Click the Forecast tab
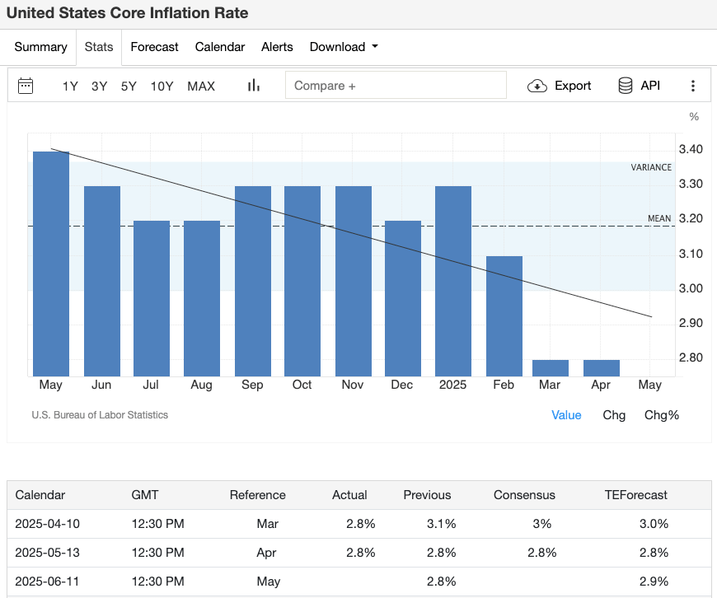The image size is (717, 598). tap(154, 47)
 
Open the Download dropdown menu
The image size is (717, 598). tap(344, 47)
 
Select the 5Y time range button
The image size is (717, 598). tap(129, 86)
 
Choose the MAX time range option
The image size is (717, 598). tap(201, 86)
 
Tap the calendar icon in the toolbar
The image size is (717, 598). tap(26, 86)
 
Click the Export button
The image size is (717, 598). tap(560, 86)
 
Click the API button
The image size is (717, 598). tap(639, 86)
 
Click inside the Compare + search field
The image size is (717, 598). tap(396, 86)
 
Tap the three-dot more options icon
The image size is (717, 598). tap(693, 86)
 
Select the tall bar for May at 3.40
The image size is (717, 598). tap(51, 264)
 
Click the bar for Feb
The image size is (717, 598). tap(504, 316)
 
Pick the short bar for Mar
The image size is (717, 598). tap(550, 368)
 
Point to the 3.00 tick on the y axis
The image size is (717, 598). tap(690, 288)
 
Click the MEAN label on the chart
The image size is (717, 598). tap(659, 218)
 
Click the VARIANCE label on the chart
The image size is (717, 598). tap(651, 167)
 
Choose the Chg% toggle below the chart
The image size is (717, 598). tap(661, 415)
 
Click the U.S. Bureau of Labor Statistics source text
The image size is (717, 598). tap(100, 415)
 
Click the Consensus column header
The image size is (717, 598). tap(524, 495)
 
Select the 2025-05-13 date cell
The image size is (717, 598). tap(48, 553)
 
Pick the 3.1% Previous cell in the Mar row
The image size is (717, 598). tap(442, 524)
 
